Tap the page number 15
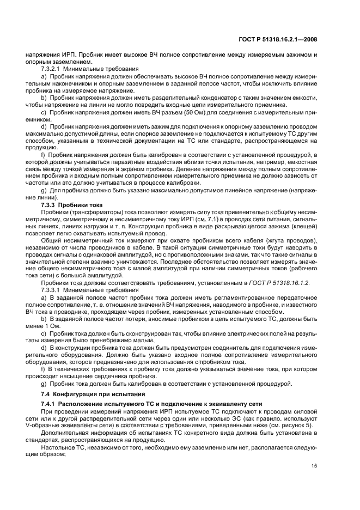[x=314, y=466]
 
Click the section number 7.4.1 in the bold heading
[x=49, y=404]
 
